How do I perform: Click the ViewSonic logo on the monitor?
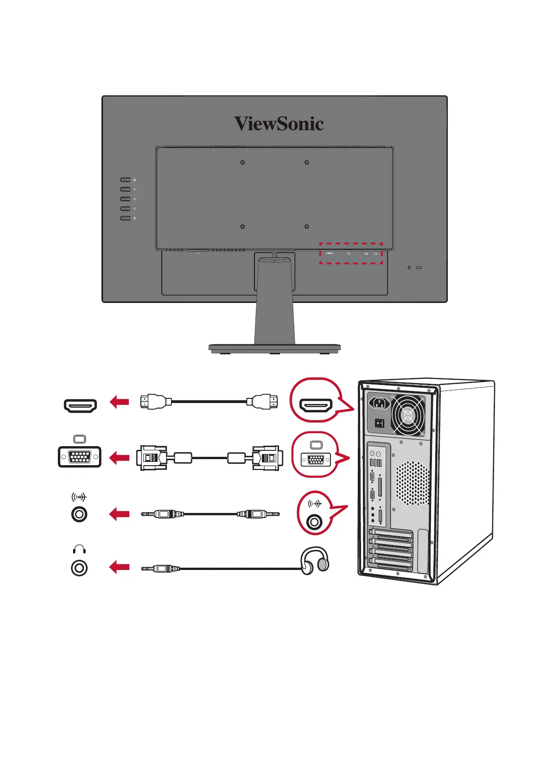pos(279,124)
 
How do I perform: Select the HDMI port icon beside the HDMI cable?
pos(80,406)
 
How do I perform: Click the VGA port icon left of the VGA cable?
pos(80,457)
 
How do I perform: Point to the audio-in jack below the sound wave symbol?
pos(79,514)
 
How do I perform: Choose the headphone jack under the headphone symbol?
pos(79,568)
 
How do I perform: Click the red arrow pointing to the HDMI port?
pos(119,402)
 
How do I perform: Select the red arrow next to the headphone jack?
pos(119,567)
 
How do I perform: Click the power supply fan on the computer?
pos(408,415)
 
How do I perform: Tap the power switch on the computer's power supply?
pos(380,423)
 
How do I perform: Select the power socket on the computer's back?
pos(380,403)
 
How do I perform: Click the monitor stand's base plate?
pos(274,347)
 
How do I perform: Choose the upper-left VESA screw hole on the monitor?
pos(242,163)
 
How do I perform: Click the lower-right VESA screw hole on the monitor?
pos(306,227)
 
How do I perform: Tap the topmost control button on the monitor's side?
pos(125,179)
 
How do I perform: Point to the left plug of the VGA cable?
pos(152,458)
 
